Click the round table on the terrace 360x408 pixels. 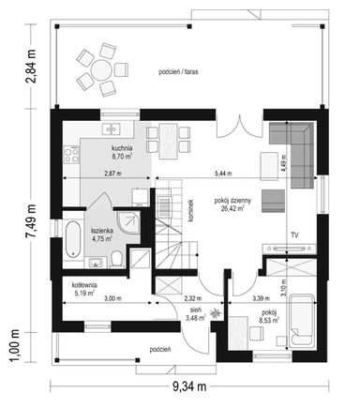coord(100,69)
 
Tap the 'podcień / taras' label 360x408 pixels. coord(178,72)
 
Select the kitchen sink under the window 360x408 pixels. coord(111,128)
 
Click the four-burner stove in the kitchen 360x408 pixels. coord(71,155)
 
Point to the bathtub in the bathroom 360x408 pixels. coord(73,239)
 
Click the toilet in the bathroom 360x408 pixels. coord(117,259)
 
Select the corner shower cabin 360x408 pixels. coord(128,223)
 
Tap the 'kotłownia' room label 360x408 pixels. coord(84,285)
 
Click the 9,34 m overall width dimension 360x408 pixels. coord(189,386)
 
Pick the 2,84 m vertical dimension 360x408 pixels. coord(31,66)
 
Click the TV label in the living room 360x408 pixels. coord(294,234)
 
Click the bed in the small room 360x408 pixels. coord(301,320)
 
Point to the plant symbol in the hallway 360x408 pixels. coord(216,313)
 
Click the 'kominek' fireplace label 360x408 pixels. coord(190,210)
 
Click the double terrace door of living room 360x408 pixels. coord(239,128)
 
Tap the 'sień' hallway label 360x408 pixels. coord(196,310)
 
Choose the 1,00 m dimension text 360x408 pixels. coord(14,346)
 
